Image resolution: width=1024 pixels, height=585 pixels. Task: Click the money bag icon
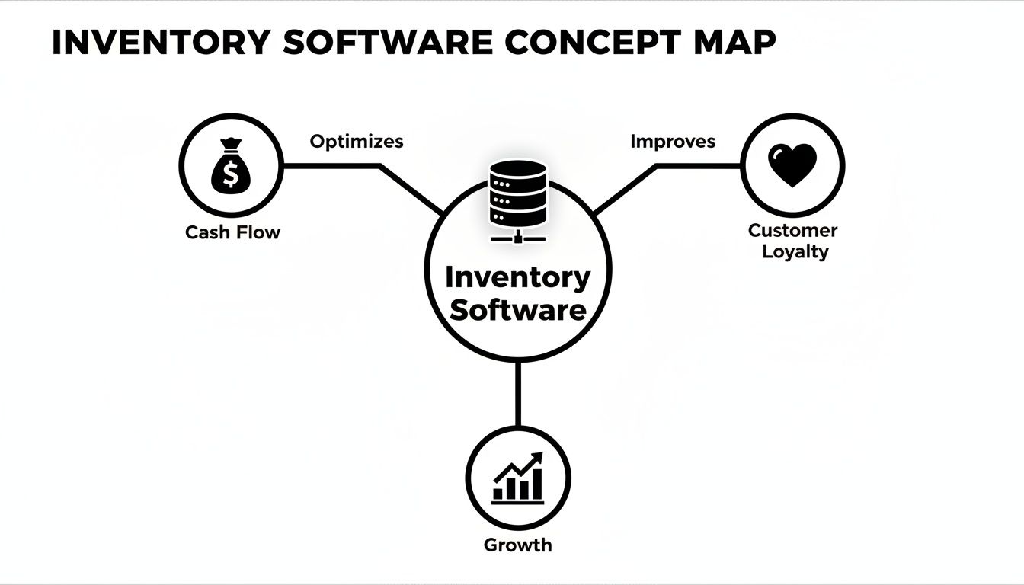[x=231, y=165]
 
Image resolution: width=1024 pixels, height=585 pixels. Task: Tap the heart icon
[x=792, y=165]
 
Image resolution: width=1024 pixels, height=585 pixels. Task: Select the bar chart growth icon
[x=518, y=478]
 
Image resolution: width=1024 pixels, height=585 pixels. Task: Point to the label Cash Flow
[x=232, y=232]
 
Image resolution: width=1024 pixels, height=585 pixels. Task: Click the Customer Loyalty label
[x=792, y=241]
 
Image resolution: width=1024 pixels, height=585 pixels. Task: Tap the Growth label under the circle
[x=518, y=545]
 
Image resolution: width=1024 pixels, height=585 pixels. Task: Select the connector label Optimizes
[x=357, y=142]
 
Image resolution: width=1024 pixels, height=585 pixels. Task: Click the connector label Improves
[x=673, y=142]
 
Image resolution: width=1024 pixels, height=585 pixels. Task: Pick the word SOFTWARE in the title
[x=387, y=43]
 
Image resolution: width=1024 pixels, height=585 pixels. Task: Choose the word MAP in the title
[x=733, y=43]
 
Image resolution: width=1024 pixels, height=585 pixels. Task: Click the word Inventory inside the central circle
[x=518, y=277]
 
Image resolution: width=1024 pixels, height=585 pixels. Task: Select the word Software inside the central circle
[x=518, y=310]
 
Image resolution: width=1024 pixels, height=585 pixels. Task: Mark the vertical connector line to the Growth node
[x=518, y=392]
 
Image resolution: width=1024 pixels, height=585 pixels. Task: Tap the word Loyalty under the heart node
[x=795, y=251]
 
